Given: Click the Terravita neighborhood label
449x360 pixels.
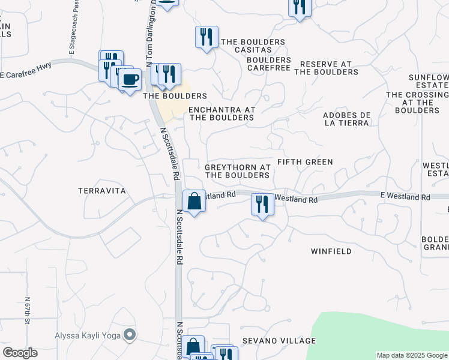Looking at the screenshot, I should pyautogui.click(x=102, y=190).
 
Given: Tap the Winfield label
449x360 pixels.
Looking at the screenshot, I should pyautogui.click(x=331, y=251).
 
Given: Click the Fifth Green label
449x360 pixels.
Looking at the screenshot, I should pyautogui.click(x=305, y=162).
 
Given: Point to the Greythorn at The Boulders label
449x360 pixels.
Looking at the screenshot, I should pyautogui.click(x=237, y=171).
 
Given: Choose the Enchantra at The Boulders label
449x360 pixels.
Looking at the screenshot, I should pyautogui.click(x=221, y=114).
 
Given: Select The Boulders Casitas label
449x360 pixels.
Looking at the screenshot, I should pyautogui.click(x=253, y=46).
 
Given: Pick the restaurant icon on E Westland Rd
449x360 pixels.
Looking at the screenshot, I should pyautogui.click(x=262, y=204).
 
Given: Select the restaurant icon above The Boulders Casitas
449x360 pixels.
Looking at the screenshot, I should pyautogui.click(x=206, y=37).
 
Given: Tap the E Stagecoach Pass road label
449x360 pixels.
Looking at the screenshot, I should pyautogui.click(x=74, y=27).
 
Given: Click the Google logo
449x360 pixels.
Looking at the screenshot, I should pyautogui.click(x=20, y=353).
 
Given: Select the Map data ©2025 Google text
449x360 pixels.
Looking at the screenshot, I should pyautogui.click(x=412, y=355).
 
